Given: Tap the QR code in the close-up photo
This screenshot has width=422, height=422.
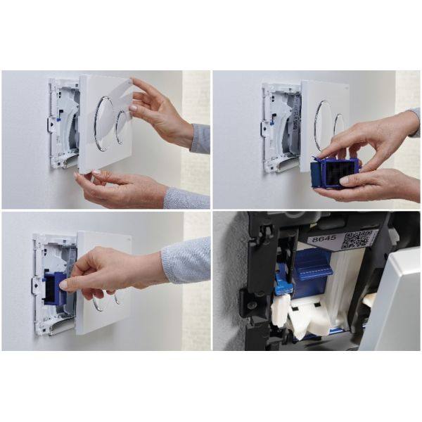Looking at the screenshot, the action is pyautogui.click(x=356, y=239).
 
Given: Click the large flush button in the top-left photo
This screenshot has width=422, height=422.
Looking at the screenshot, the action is pyautogui.click(x=103, y=123).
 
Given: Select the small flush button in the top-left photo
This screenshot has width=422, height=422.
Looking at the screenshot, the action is pyautogui.click(x=121, y=127).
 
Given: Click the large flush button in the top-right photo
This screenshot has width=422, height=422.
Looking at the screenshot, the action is pyautogui.click(x=324, y=124).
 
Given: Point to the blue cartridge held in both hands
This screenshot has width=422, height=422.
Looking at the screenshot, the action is pyautogui.click(x=334, y=172).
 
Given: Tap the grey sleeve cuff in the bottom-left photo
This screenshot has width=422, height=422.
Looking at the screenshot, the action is pyautogui.click(x=186, y=260).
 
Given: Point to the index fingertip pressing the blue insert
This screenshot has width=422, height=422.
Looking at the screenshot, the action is pyautogui.click(x=63, y=286).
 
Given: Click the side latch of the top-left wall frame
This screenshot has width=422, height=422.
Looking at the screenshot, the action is pyautogui.click(x=51, y=124).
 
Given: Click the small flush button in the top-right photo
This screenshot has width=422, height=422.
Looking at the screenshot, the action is pyautogui.click(x=340, y=124).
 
